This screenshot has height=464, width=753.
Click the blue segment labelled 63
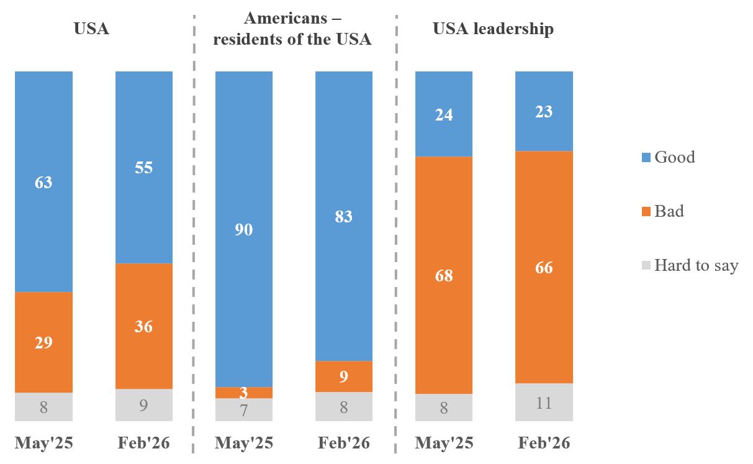[43, 181]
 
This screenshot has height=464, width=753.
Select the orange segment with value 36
[144, 326]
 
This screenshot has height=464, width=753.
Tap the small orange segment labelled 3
[243, 393]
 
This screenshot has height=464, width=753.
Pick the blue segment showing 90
[243, 229]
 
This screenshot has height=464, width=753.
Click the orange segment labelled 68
[444, 275]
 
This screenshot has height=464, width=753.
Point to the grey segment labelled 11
[544, 402]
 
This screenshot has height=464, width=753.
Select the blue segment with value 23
[544, 111]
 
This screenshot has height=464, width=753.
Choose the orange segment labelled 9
[344, 376]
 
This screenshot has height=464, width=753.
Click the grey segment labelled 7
[243, 409]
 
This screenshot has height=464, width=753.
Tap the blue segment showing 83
[344, 216]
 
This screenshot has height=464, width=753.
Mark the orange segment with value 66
[544, 267]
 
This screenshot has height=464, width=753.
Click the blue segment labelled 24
[444, 114]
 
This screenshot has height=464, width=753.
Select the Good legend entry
[674, 157]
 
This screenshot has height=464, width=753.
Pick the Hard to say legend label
[696, 266]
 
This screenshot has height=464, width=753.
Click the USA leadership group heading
[493, 29]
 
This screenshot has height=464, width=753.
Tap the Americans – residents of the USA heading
[292, 29]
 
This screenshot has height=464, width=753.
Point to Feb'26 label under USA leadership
[544, 443]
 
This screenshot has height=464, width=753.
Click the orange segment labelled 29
[43, 342]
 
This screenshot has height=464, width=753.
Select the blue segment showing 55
[144, 168]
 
